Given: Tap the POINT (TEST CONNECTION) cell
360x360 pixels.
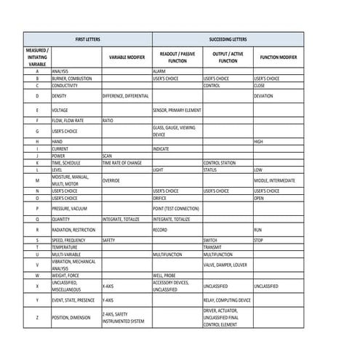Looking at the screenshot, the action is (176, 208).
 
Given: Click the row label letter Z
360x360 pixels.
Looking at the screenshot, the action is (36, 317).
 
